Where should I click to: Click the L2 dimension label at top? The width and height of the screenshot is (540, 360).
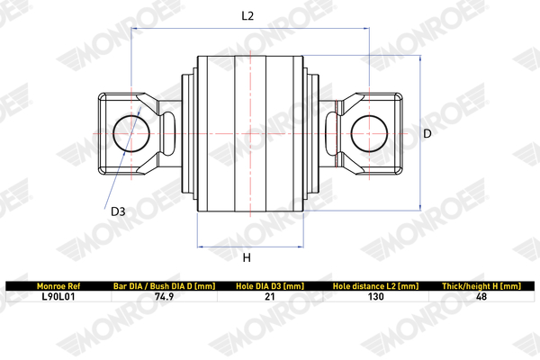click(247, 16)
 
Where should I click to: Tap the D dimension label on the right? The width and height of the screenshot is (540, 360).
click(427, 134)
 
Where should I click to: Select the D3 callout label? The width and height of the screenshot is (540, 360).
click(118, 211)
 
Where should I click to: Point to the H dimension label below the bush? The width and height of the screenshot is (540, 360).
click(247, 257)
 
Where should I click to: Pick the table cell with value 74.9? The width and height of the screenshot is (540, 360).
click(165, 297)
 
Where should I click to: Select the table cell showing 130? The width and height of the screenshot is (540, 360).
click(375, 297)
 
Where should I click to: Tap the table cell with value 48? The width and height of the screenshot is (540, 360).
click(481, 297)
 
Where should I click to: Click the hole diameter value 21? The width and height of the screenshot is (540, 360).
click(270, 297)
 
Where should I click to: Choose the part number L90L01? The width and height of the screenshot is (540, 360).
click(58, 297)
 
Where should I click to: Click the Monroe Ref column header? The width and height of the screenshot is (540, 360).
click(58, 286)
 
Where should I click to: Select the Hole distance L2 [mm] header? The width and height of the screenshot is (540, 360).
click(375, 286)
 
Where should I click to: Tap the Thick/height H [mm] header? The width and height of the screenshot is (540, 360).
click(481, 286)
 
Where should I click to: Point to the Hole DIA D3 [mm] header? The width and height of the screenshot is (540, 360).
click(270, 286)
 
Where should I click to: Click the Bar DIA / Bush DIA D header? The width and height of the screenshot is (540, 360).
click(165, 286)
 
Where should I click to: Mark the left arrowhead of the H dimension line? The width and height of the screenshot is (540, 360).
click(199, 247)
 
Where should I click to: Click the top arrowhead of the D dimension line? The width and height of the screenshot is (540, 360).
click(420, 58)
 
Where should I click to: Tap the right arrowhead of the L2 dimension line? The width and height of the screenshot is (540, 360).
click(367, 28)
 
